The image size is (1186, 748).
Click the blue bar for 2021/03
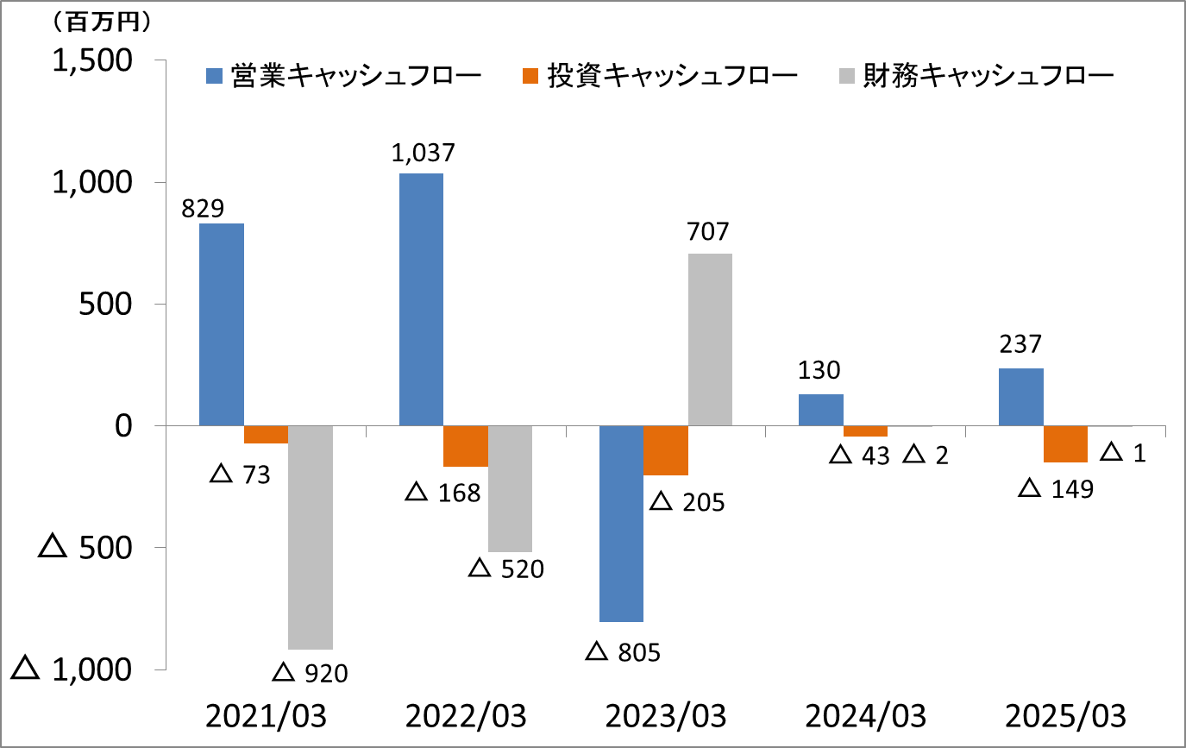(222, 324)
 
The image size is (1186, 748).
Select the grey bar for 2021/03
(311, 537)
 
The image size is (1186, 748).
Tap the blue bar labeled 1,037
(421, 299)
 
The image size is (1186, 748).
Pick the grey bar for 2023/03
(710, 339)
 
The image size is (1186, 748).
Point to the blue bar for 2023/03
(621, 523)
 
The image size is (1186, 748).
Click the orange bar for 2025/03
(1065, 443)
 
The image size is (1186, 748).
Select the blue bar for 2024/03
(821, 410)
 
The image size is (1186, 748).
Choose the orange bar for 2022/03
(466, 446)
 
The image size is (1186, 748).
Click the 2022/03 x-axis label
(466, 716)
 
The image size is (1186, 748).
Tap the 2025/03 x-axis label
(1065, 716)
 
